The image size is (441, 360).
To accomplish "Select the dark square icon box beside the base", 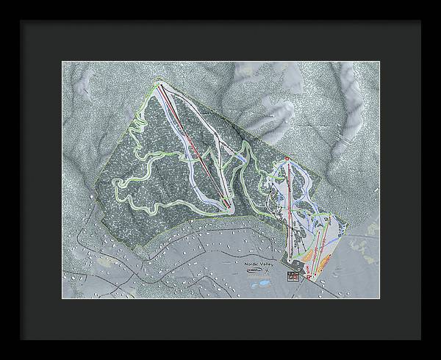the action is (293, 276).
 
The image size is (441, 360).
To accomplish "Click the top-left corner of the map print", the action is (62, 62).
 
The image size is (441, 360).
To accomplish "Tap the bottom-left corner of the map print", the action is (62, 299).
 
